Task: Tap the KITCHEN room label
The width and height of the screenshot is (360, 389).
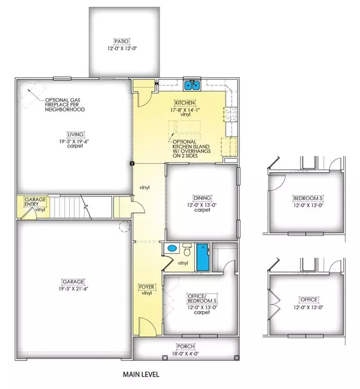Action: point(184,102)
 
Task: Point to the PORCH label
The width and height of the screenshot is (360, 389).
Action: point(185,346)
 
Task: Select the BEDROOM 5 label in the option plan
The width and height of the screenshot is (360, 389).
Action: point(306,198)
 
